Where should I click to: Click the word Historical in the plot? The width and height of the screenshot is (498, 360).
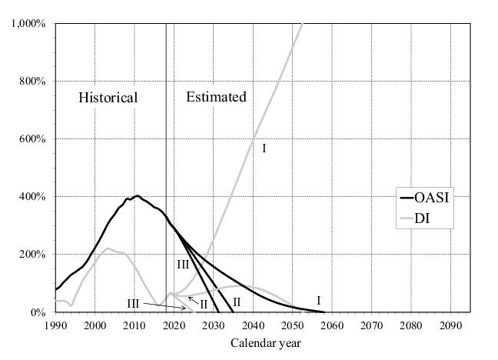(108, 98)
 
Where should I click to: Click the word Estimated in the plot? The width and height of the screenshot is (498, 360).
(216, 97)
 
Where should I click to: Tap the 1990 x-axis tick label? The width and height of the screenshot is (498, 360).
(55, 326)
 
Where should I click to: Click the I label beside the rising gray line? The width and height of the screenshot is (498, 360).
(264, 147)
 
